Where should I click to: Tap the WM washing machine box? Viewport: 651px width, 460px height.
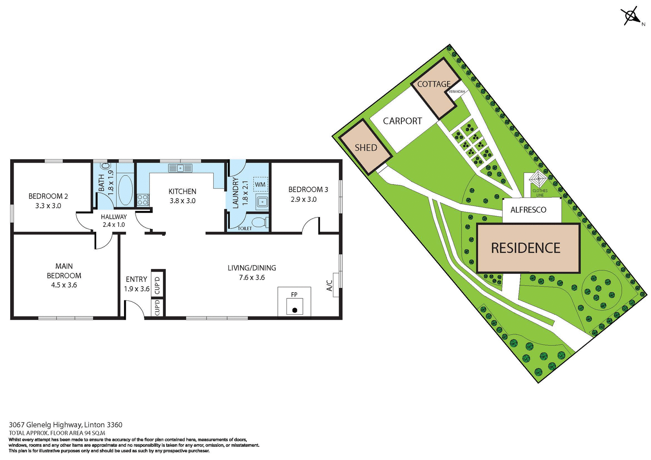[x=260, y=185]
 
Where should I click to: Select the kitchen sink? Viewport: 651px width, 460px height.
[x=180, y=168]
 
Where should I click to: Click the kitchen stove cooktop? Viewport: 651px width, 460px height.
[x=143, y=200]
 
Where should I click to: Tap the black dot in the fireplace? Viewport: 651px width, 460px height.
[x=295, y=310]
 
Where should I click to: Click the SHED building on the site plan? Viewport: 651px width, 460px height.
[x=366, y=147]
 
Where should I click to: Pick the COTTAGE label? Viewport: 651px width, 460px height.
[x=434, y=84]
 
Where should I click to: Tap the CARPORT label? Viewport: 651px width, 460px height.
[x=402, y=121]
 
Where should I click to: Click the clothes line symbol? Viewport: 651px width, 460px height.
[x=538, y=179]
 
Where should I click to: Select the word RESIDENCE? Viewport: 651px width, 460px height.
[x=526, y=248]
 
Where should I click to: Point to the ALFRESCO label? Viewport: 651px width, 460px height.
[x=528, y=210]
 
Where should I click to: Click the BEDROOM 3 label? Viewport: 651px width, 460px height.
[x=308, y=189]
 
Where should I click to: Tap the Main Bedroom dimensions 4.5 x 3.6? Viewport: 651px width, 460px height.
[x=64, y=285]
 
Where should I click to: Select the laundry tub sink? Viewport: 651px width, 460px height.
[x=262, y=202]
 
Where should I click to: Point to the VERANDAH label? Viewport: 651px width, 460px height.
[x=457, y=92]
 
